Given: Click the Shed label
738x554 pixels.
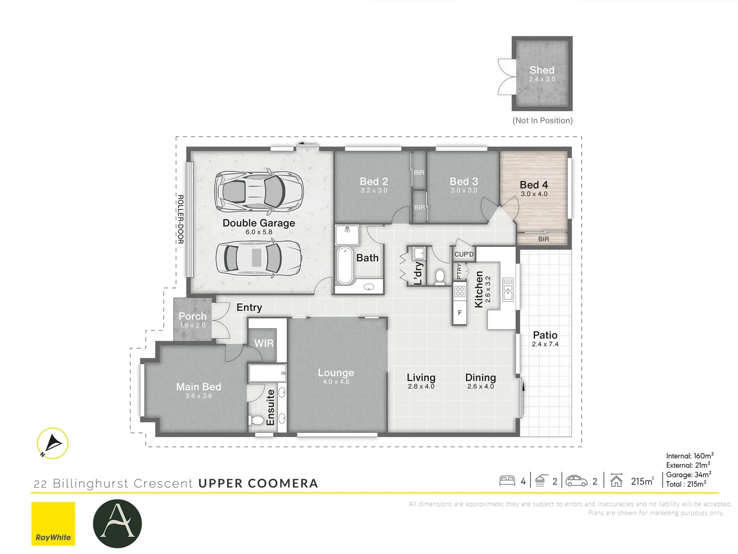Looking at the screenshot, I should tap(542, 70).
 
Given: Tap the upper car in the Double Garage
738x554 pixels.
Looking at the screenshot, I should tap(259, 191).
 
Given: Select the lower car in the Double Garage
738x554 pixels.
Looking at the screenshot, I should tap(258, 257).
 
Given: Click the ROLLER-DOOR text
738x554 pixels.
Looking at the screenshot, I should tap(180, 219).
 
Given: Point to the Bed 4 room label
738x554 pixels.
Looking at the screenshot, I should tap(534, 185).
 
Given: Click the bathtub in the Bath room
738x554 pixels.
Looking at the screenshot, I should tap(345, 265).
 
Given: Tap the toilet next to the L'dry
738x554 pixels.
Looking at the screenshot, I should tap(440, 276).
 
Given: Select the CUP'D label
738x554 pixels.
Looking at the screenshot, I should tap(464, 254).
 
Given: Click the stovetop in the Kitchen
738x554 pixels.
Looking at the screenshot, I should tap(460, 291).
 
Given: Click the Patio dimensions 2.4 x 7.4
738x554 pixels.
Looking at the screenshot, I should tap(545, 344).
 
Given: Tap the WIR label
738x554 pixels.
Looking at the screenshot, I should tap(264, 343).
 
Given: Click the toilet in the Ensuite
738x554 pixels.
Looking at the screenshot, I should tap(257, 420).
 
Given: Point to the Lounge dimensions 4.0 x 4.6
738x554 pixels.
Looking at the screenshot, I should tap(336, 382).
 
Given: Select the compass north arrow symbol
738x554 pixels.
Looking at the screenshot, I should tap(53, 443).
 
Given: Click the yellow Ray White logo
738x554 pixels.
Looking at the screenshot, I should tap(53, 524).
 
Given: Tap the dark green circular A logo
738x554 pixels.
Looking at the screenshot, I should tap(117, 524).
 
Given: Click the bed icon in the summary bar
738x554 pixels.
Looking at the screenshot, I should tap(507, 481).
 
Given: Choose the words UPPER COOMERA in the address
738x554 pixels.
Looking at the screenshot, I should tap(258, 483).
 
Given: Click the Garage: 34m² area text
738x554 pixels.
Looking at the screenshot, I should tap(688, 474).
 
